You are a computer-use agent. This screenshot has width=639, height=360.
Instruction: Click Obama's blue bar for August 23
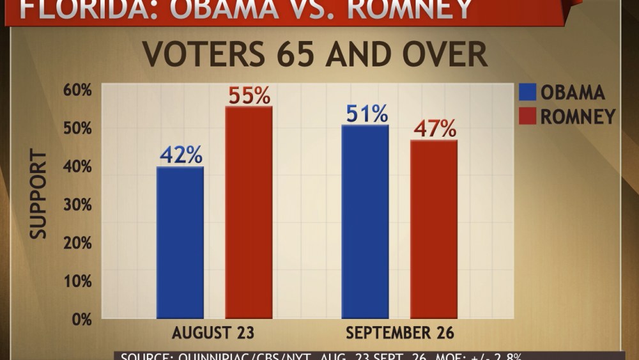(180, 242)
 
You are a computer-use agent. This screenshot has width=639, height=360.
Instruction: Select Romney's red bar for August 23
(249, 212)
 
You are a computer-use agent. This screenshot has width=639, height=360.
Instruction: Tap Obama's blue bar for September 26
(365, 221)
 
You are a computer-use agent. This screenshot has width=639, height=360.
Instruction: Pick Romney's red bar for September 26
(434, 229)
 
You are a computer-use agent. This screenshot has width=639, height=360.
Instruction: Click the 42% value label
(181, 155)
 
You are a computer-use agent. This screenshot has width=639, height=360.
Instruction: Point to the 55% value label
(249, 95)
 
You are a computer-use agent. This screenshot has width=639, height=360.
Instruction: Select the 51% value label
(367, 114)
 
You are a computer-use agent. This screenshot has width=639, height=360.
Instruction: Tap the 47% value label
(435, 129)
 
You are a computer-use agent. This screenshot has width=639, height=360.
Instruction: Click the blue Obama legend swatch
(527, 92)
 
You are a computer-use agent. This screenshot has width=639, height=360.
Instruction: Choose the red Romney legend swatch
(527, 116)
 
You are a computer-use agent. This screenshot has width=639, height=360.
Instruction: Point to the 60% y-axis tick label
(77, 90)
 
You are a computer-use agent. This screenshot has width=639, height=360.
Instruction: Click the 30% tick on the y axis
(77, 205)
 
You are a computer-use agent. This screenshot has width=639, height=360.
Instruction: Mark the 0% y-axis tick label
(81, 320)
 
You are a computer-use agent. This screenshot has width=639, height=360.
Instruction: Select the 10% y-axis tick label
(77, 281)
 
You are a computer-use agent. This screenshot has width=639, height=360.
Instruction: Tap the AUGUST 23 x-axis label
(213, 333)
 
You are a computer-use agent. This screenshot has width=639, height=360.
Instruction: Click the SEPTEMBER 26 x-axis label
(400, 333)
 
